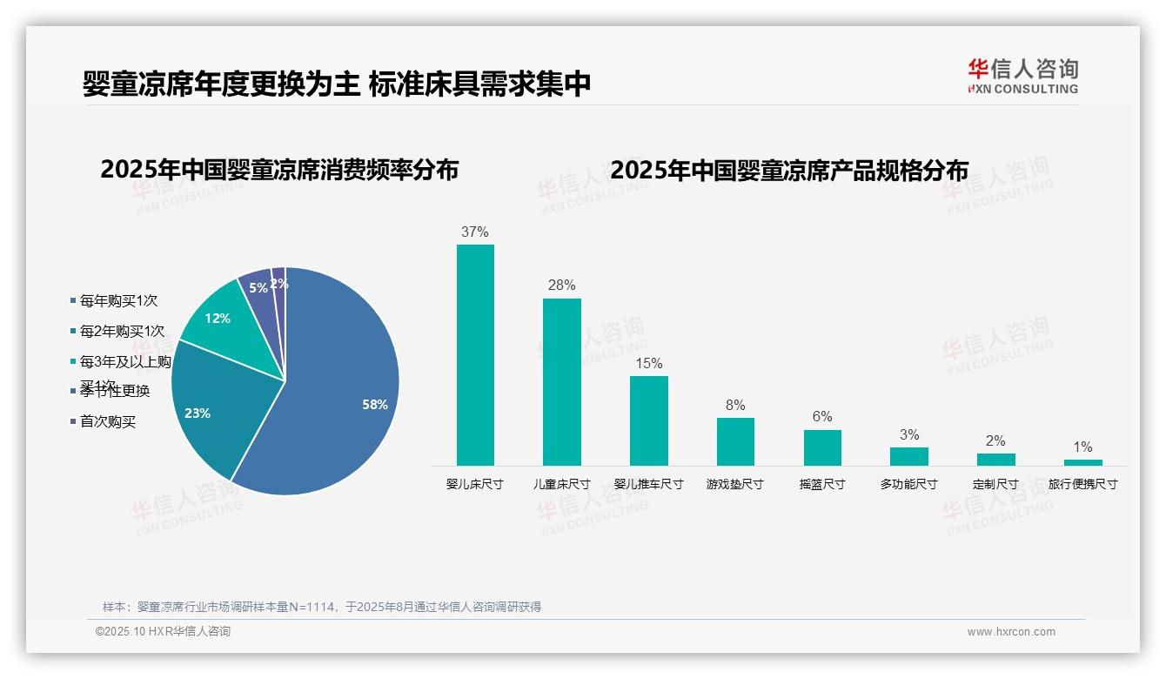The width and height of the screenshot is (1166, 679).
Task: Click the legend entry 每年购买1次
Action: point(118,301)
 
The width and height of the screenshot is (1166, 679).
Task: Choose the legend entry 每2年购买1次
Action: point(122,332)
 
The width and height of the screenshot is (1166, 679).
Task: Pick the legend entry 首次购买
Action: point(108,422)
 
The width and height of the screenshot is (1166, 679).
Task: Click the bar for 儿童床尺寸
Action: point(562,382)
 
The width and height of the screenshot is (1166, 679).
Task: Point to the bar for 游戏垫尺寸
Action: point(735,441)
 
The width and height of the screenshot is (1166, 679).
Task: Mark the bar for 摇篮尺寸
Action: point(822,447)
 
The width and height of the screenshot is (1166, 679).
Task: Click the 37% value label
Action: point(475,232)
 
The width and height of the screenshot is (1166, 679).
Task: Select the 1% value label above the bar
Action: point(1082,447)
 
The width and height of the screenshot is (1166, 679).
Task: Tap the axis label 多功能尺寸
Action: point(908,484)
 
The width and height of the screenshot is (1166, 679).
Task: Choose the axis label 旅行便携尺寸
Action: point(1082,484)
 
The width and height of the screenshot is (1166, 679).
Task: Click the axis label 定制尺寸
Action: point(995,484)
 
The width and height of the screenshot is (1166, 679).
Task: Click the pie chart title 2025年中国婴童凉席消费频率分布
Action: point(279,170)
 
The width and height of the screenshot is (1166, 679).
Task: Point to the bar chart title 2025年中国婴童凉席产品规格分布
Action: point(789,170)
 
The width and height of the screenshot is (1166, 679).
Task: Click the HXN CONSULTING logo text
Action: point(1022,89)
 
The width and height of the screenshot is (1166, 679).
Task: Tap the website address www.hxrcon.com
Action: point(1011,632)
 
